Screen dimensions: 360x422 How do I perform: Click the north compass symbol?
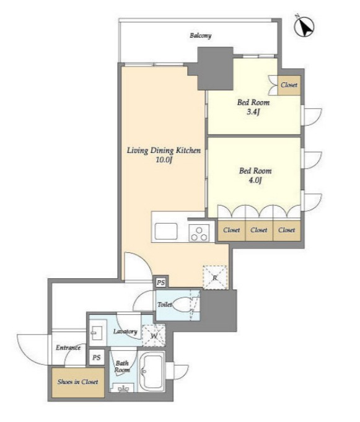pyautogui.click(x=305, y=27)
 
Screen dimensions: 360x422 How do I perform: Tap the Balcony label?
pyautogui.click(x=201, y=35)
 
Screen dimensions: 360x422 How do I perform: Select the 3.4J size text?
pyautogui.click(x=253, y=112)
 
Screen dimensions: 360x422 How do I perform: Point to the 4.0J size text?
pyautogui.click(x=255, y=180)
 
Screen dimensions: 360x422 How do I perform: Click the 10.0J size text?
pyautogui.click(x=164, y=160)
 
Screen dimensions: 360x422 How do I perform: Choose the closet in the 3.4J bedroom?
pyautogui.click(x=289, y=85)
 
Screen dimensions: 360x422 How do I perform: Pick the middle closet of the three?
pyautogui.click(x=259, y=231)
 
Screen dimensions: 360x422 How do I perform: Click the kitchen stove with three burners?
pyautogui.click(x=199, y=233)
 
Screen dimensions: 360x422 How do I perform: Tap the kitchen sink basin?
pyautogui.click(x=165, y=232)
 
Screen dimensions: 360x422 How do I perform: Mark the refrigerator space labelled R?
pyautogui.click(x=215, y=278)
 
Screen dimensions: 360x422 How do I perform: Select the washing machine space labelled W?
pyautogui.click(x=154, y=336)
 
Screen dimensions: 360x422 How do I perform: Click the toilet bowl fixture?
pyautogui.click(x=182, y=305)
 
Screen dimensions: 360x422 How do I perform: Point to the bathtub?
pyautogui.click(x=151, y=371)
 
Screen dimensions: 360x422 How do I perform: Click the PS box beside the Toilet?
pyautogui.click(x=161, y=283)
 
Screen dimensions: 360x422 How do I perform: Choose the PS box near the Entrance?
pyautogui.click(x=97, y=358)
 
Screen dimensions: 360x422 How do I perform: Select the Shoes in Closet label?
pyautogui.click(x=77, y=382)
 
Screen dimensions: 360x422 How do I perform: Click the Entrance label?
pyautogui.click(x=68, y=348)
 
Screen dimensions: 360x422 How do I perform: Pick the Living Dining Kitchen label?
pyautogui.click(x=164, y=151)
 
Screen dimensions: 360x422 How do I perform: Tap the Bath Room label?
pyautogui.click(x=122, y=367)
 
